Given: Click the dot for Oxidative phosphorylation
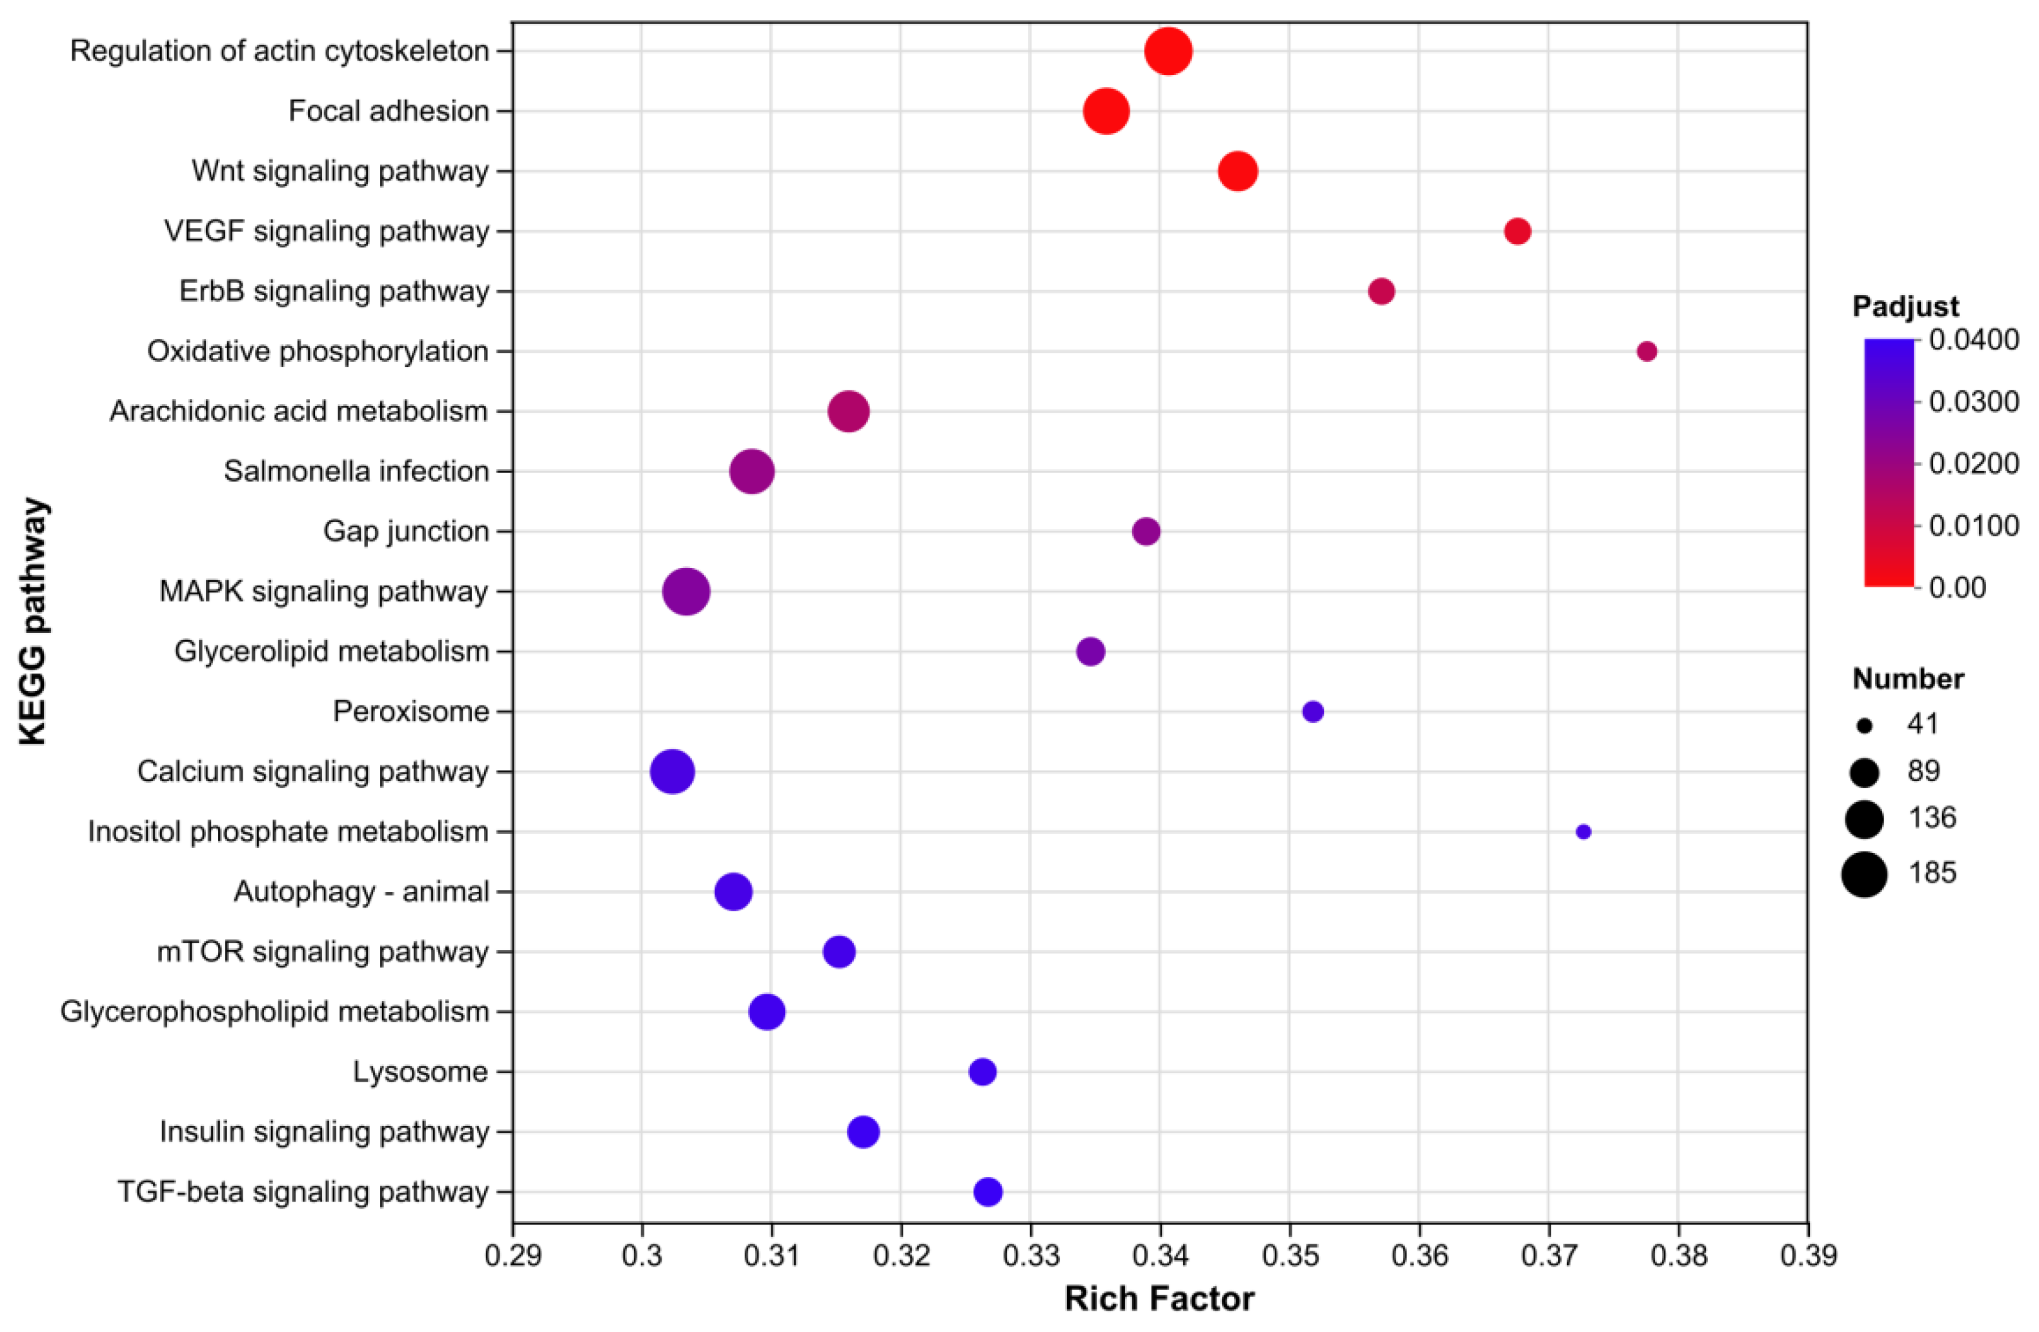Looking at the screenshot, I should pos(1646,351).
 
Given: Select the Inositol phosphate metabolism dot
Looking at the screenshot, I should pos(1583,832).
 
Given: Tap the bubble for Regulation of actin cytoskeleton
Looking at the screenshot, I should pos(1168,52).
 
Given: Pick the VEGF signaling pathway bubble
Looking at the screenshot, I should pos(1517,231).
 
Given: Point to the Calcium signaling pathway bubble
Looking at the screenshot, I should pos(673,772).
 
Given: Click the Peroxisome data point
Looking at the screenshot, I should pos(1312,711).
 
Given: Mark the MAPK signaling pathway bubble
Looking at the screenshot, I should pos(686,591).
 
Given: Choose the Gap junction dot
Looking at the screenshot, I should pos(1146,531).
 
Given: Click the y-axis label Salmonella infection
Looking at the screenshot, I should pos(356,471).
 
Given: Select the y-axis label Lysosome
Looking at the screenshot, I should pos(421,1071).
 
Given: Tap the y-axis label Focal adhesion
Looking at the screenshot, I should pos(389,112).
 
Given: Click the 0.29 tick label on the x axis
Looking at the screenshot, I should pos(513,1256).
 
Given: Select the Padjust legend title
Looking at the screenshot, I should pos(1905,307).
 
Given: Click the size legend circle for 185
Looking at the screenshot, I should pos(1864,874).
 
